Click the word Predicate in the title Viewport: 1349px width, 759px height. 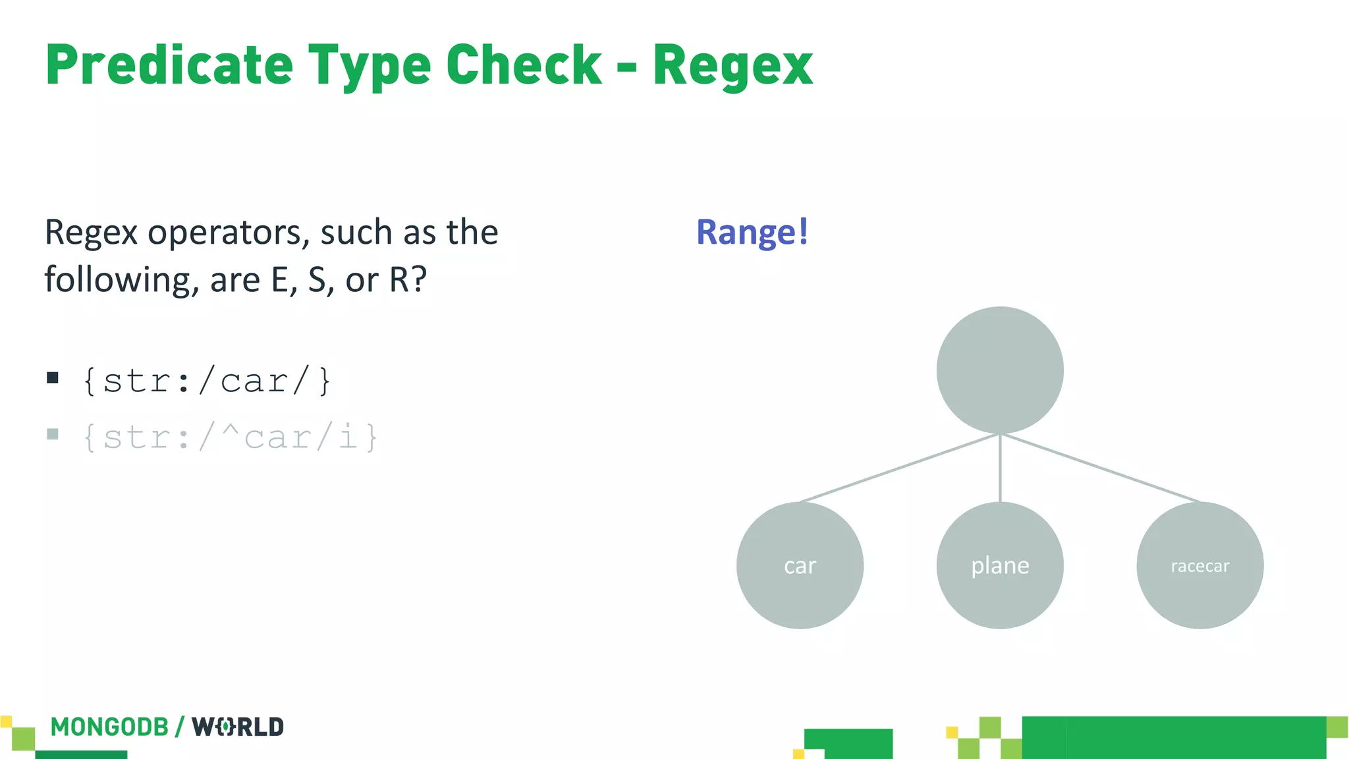point(169,65)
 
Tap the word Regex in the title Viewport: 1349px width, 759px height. point(732,66)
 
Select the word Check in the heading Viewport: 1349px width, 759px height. point(524,65)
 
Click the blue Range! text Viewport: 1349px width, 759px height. point(752,232)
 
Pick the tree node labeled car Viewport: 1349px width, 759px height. point(800,565)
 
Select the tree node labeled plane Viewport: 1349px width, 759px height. point(1000,565)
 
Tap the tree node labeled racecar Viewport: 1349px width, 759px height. point(1199,565)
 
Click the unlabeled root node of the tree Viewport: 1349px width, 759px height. point(1000,370)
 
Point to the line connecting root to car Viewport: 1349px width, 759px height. point(900,468)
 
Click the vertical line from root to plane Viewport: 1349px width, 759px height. point(1000,468)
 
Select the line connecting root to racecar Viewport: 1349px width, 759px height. point(1100,468)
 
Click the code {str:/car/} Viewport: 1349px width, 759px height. point(207,381)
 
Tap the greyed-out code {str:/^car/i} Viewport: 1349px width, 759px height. point(231,437)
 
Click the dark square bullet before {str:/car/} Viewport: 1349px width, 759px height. point(53,378)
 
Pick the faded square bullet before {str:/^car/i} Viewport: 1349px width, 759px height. point(53,434)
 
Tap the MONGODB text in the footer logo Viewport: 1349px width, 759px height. point(109,727)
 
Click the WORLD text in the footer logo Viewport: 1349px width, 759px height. point(238,727)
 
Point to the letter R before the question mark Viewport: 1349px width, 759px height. point(399,280)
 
